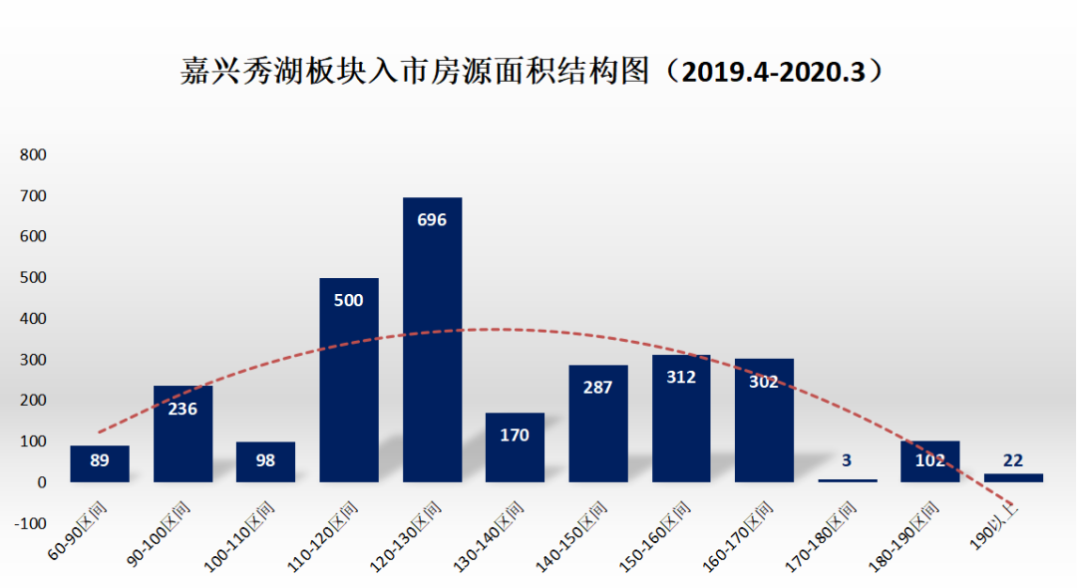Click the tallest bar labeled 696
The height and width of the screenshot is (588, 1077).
pyautogui.click(x=432, y=339)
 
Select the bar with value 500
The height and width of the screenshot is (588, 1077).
pyautogui.click(x=349, y=379)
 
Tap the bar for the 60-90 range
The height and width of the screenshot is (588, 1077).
pyautogui.click(x=100, y=463)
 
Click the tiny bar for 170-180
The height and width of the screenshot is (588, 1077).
pyautogui.click(x=848, y=480)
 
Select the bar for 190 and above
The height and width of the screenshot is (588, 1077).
pyautogui.click(x=1013, y=477)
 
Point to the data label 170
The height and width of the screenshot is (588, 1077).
pyautogui.click(x=515, y=435)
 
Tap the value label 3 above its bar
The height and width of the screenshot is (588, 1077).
pyautogui.click(x=847, y=460)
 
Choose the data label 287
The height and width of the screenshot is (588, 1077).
pyautogui.click(x=597, y=387)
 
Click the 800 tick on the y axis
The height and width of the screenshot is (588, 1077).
pyautogui.click(x=33, y=155)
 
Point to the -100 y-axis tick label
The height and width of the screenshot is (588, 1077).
pyautogui.click(x=30, y=523)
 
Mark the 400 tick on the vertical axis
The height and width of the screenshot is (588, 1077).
pyautogui.click(x=33, y=319)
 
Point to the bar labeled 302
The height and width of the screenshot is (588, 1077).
pyautogui.click(x=764, y=419)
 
